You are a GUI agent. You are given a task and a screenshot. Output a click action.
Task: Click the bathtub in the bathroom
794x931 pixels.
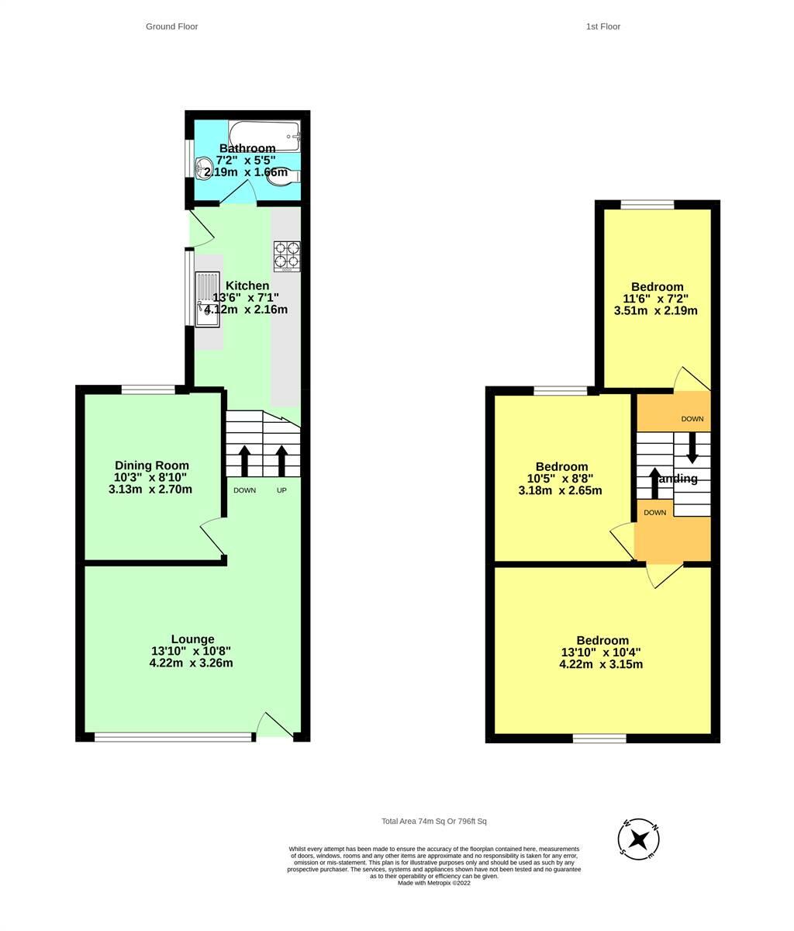click(x=264, y=135)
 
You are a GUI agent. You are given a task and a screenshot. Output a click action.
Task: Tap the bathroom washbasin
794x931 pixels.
click(x=205, y=167)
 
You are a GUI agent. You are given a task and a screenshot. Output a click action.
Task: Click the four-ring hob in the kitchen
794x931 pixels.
click(x=286, y=256)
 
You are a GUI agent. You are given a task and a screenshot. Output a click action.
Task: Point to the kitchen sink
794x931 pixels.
click(x=207, y=299)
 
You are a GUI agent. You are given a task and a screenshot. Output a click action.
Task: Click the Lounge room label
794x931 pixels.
click(x=192, y=639)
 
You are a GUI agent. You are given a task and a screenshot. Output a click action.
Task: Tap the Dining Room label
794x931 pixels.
click(x=152, y=465)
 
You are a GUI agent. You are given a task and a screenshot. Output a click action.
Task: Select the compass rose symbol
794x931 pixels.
click(x=639, y=839)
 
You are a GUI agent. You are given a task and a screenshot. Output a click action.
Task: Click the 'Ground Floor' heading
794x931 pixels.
click(x=171, y=26)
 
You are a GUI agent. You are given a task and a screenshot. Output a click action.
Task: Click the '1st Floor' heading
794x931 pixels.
click(x=602, y=26)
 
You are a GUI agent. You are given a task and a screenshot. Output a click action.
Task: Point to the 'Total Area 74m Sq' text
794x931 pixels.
click(x=433, y=821)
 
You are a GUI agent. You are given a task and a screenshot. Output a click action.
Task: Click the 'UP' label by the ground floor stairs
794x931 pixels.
click(x=281, y=490)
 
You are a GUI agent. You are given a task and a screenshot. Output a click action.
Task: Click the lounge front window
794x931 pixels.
click(x=174, y=737)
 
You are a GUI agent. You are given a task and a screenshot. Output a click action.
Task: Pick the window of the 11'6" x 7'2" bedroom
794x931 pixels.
click(x=647, y=205)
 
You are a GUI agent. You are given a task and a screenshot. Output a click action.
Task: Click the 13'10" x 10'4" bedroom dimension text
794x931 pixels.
click(x=601, y=652)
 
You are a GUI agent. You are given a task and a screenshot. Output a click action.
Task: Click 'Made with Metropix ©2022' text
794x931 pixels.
click(x=433, y=883)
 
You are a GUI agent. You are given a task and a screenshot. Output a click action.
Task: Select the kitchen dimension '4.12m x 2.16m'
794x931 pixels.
click(x=247, y=310)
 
